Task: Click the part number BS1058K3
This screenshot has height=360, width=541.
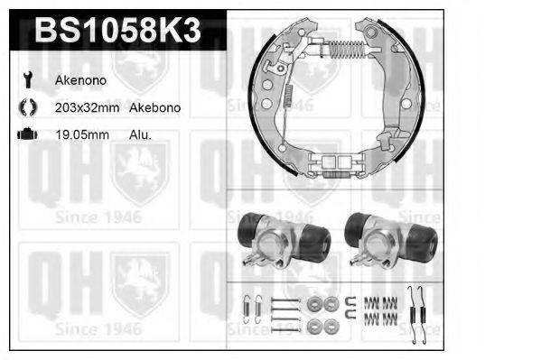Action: coord(117,32)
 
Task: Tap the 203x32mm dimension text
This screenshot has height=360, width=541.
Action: coord(86,107)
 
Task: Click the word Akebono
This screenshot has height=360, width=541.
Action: coord(155,107)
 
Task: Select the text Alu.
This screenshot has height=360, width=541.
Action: coord(140,134)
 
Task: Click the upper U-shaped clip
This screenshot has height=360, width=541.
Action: coord(348,301)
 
